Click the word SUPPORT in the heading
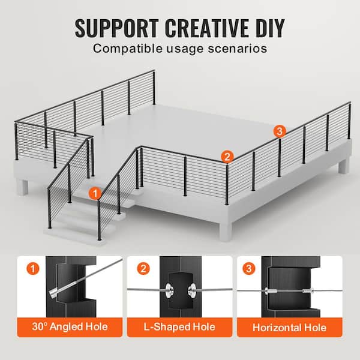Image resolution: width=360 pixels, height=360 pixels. coord(117,28)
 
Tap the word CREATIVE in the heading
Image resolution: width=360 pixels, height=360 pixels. coord(206,28)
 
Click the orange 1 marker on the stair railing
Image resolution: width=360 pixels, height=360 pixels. coord(95,194)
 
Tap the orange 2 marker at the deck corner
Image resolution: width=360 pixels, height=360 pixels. coord(227,157)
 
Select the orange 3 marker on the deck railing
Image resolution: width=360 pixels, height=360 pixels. coord(280,131)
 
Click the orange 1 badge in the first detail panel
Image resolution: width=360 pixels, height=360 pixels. coord(33,268)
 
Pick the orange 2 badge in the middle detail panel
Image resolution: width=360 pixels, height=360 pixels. coord(143,268)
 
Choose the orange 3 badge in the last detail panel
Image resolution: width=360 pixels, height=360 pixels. coord(249,268)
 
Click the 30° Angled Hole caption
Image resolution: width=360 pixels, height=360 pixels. coord(70,327)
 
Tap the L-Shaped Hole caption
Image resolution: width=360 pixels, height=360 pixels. coord(179,327)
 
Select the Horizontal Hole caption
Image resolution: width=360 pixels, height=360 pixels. coord(290,328)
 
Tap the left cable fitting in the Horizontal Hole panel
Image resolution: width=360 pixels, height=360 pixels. coord(271,291)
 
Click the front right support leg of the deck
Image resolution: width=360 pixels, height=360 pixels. coord(226,231)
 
